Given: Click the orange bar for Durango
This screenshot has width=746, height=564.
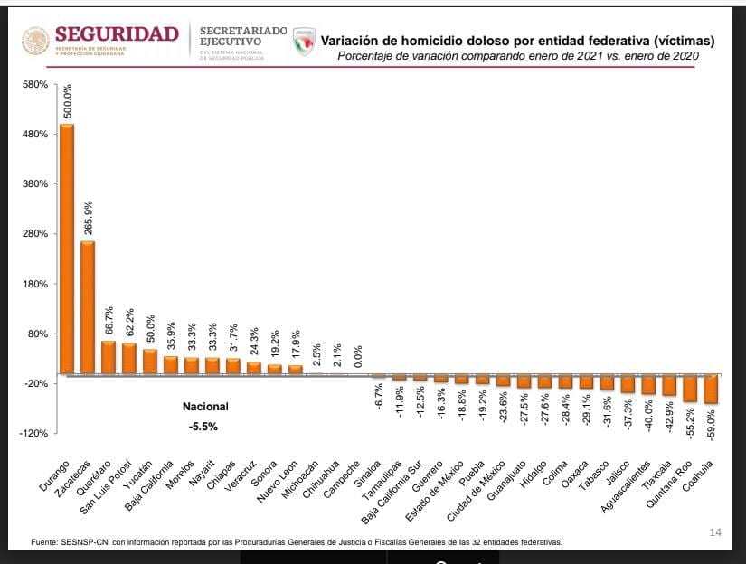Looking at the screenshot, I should coord(67,249).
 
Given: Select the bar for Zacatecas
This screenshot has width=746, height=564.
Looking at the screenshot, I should coord(88,307).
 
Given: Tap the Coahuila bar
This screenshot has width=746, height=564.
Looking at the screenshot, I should coord(711,389).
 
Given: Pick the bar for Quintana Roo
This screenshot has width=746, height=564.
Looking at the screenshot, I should coord(690,388).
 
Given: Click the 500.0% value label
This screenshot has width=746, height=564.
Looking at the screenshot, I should coord(68,100).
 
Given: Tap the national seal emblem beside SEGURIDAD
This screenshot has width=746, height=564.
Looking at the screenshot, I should coord(35,41).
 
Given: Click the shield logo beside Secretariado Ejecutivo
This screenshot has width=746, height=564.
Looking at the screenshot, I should coord(305,41).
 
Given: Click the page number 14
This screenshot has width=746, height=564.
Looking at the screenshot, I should coord(715,532).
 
